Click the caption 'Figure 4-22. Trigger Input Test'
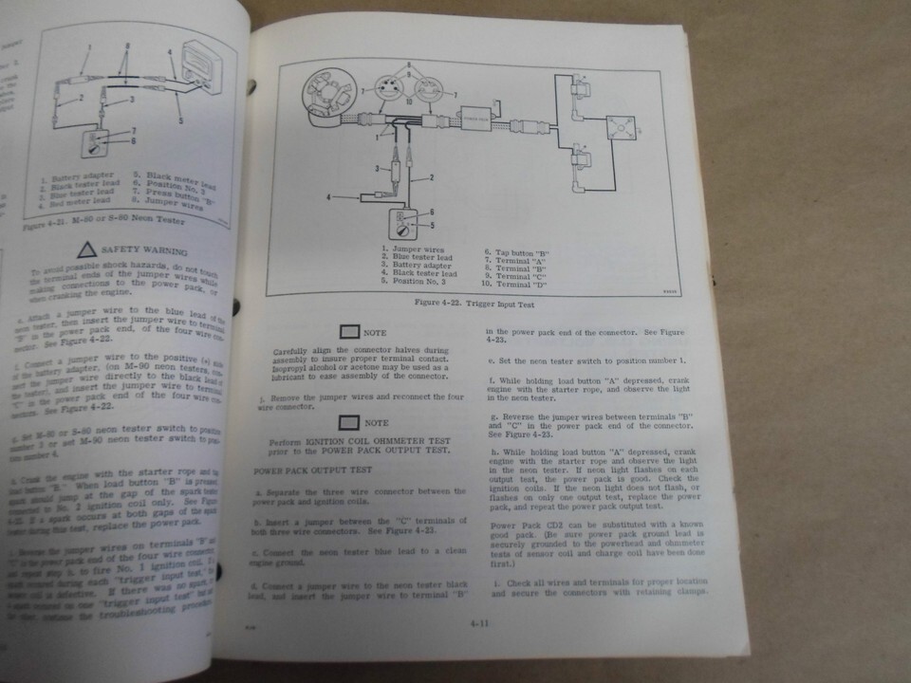click(x=461, y=304)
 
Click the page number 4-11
click(x=479, y=623)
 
